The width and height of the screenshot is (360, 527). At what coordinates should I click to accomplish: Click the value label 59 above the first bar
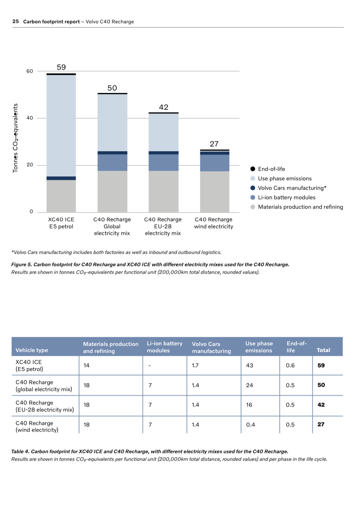[x=61, y=67]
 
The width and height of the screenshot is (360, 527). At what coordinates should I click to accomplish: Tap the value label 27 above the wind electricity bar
[x=214, y=144]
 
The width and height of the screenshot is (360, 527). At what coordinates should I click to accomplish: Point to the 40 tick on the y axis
[x=30, y=118]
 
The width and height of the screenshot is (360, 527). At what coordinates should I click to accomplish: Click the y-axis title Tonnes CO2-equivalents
[x=15, y=138]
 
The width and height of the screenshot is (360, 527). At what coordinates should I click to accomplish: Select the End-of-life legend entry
[x=271, y=169]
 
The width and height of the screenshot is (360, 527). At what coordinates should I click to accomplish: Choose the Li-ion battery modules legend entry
[x=286, y=197]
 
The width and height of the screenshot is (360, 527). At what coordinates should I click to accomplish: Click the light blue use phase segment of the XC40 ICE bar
[x=61, y=125]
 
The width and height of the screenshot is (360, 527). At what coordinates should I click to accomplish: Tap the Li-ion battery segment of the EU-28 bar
[x=163, y=163]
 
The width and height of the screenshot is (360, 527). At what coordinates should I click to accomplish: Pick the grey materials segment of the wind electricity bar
[x=215, y=192]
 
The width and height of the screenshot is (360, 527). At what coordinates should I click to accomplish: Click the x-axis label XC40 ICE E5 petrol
[x=61, y=223]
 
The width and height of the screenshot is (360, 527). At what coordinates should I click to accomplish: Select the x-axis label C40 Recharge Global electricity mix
[x=112, y=226]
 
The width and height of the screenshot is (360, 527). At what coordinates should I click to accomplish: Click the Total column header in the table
[x=323, y=350]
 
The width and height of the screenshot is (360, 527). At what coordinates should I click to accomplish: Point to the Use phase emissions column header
[x=259, y=347]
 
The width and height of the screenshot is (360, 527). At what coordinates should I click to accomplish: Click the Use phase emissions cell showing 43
[x=249, y=365]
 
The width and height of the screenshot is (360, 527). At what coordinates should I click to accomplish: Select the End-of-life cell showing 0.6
[x=290, y=365]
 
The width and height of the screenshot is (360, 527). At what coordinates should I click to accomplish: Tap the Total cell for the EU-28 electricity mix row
[x=321, y=405]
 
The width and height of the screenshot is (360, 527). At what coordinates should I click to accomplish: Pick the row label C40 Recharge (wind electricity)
[x=37, y=426]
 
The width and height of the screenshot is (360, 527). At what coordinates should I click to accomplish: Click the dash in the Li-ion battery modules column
[x=150, y=366]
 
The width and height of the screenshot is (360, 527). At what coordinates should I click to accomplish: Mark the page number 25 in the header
[x=16, y=21]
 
